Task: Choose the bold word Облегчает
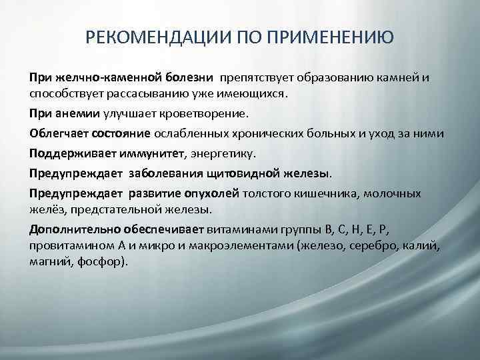[57, 134]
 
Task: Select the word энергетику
[219, 154]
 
